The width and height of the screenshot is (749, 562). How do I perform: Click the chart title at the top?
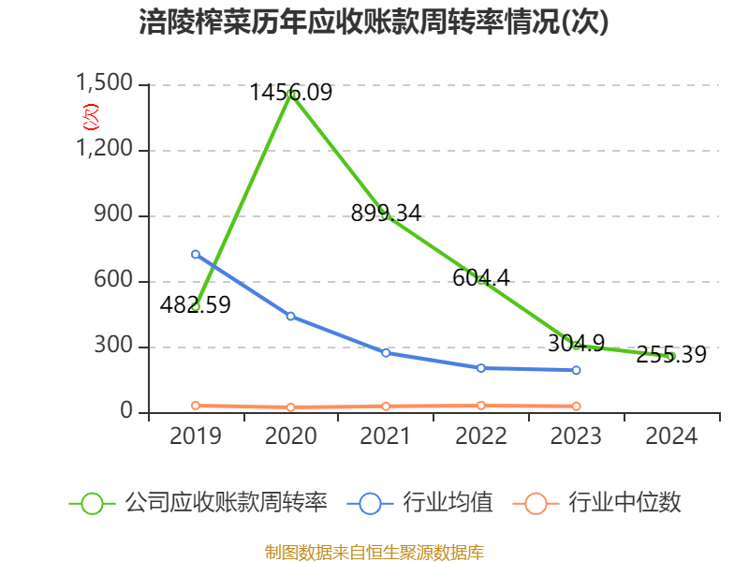coord(374,22)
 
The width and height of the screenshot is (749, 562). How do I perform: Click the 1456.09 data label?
coord(290,92)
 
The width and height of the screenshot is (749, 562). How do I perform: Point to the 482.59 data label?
coord(195,304)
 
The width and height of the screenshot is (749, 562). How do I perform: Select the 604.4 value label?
coord(480,277)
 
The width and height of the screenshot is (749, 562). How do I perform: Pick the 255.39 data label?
coord(671,355)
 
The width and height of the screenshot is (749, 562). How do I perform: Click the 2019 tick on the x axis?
coord(196,436)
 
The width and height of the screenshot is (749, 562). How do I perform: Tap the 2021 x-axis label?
coord(386,436)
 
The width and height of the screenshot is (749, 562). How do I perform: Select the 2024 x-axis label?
coord(671,436)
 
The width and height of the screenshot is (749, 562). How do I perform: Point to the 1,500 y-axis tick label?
coord(106,84)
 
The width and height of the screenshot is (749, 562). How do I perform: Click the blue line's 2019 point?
coord(196,254)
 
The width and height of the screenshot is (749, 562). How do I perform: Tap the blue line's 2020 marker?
coord(290,317)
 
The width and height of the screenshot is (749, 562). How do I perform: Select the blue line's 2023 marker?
coord(576,370)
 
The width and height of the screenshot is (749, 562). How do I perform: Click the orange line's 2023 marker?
coord(576,406)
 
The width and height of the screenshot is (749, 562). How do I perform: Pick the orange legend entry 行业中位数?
coord(600,503)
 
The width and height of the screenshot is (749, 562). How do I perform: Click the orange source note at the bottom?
coord(374,552)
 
